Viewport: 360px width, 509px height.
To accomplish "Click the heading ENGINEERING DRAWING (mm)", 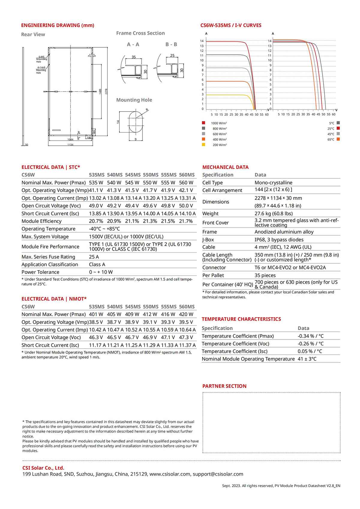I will [58, 25].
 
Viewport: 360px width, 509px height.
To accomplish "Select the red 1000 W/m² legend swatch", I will [204, 123].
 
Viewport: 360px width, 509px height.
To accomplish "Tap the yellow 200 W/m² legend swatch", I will [204, 145].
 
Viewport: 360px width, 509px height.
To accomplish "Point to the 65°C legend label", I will [331, 139].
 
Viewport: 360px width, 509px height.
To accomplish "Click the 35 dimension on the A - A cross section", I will [133, 57].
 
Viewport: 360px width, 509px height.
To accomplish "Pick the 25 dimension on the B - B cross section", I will [172, 55].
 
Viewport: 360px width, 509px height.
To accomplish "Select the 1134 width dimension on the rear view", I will [70, 145].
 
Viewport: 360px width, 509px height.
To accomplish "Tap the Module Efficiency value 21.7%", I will [186, 221].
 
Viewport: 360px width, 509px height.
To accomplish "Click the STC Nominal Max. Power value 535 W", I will [96, 182].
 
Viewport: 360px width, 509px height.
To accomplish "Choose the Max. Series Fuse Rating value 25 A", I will [94, 257].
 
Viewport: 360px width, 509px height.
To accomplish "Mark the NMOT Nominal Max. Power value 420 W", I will [186, 314].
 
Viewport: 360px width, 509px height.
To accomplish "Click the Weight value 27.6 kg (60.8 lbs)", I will [274, 214].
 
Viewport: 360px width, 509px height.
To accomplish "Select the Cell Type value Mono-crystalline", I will [273, 183].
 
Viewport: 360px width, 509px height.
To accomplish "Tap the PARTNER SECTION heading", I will [224, 386].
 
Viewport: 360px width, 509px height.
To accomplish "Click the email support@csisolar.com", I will [218, 474].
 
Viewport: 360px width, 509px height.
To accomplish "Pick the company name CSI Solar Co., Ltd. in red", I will [43, 468].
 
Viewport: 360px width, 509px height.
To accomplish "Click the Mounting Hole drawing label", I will [134, 100].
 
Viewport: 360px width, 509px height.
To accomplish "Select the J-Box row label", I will [208, 240].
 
